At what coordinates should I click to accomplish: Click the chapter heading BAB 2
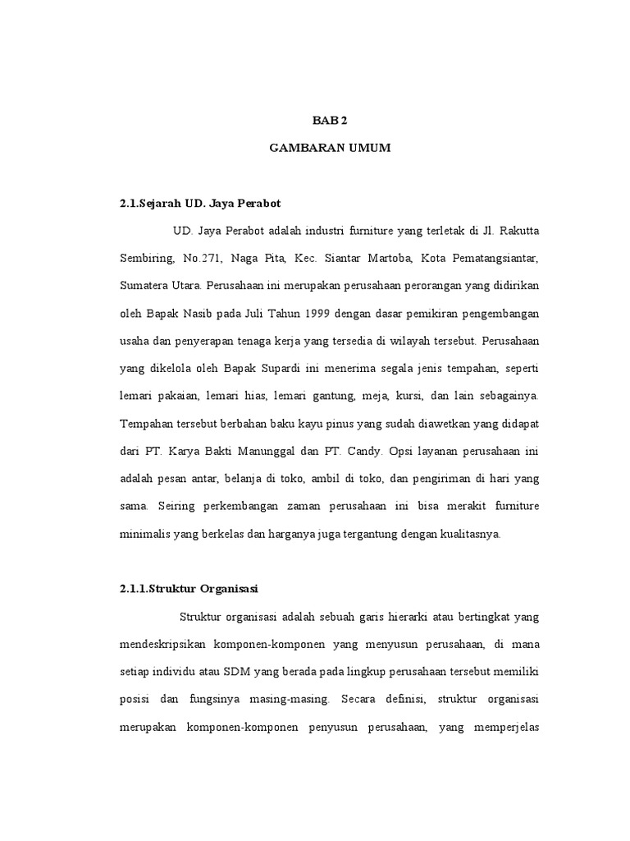pyautogui.click(x=331, y=120)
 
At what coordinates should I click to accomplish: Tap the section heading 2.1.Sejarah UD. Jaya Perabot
pyautogui.click(x=200, y=201)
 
